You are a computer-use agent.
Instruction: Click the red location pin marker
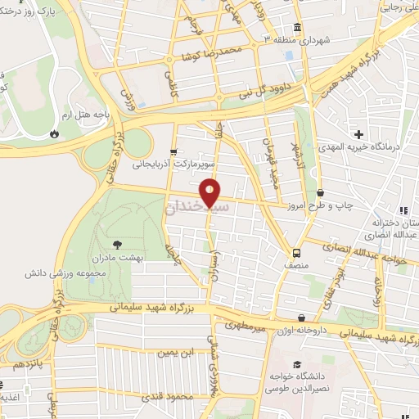point(211,191)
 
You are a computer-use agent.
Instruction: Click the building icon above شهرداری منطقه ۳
point(297,25)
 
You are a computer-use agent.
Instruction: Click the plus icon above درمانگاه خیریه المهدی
point(358,133)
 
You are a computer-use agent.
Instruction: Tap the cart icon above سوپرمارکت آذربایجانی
point(173,152)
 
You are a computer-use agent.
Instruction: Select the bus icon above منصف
point(296,252)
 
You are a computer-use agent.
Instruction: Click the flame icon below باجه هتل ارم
point(56,132)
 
